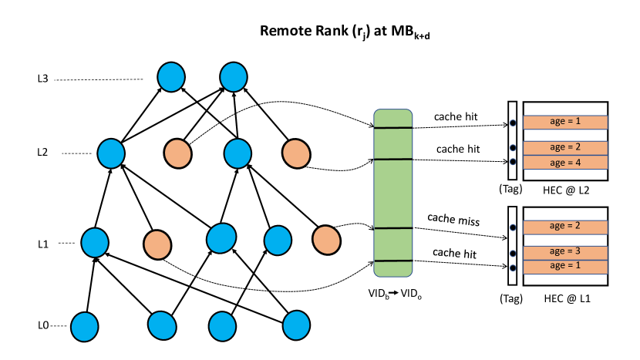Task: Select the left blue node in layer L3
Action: pos(171,77)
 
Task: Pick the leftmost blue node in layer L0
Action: pos(86,326)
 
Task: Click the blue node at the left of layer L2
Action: pos(112,153)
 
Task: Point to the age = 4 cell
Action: pos(565,162)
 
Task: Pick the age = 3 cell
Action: pos(565,251)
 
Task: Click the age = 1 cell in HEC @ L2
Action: pos(565,123)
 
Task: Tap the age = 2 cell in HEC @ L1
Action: pos(565,227)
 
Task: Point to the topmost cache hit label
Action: pos(456,116)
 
